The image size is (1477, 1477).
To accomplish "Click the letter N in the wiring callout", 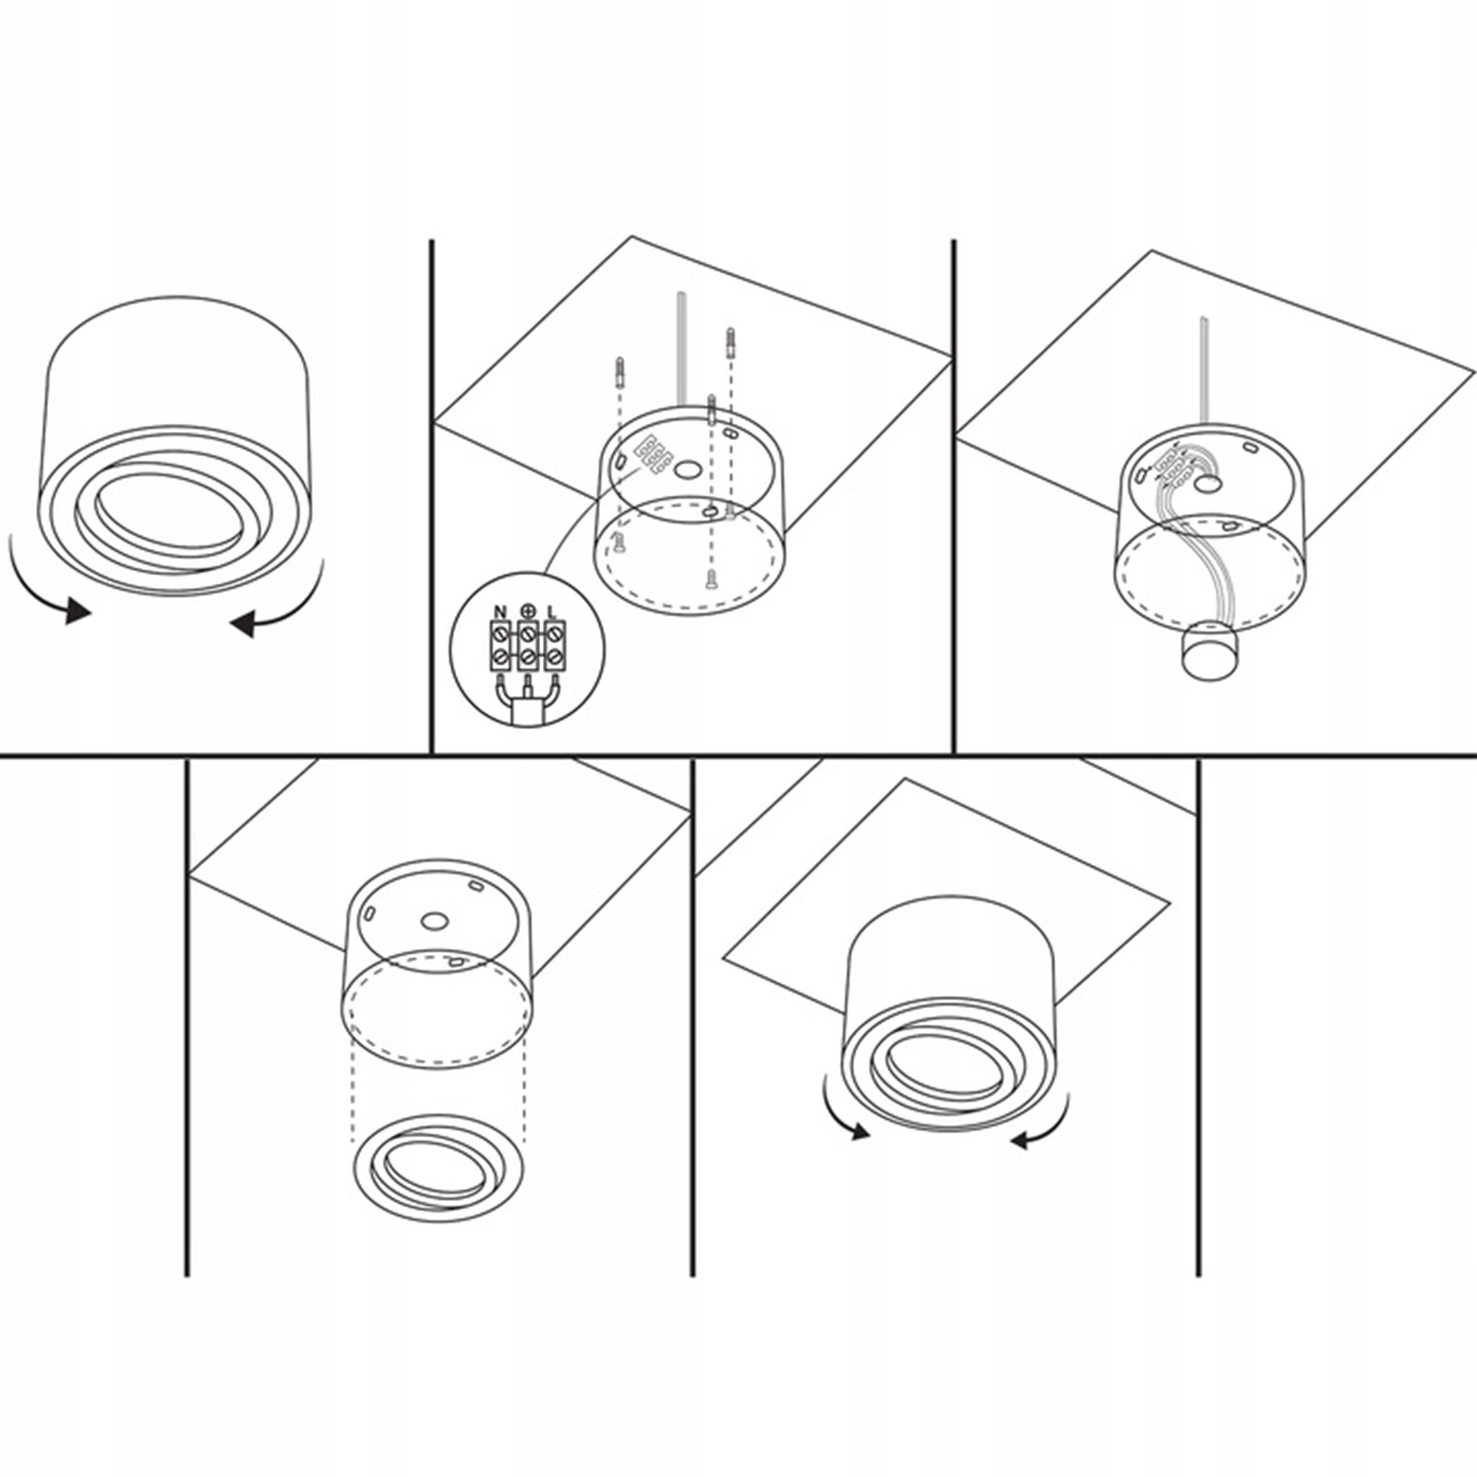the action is tap(500, 612).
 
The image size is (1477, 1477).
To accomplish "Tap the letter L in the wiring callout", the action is tap(552, 612).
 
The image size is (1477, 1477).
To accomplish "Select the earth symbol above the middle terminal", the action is tap(527, 610).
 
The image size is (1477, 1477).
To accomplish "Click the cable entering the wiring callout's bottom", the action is tap(526, 710).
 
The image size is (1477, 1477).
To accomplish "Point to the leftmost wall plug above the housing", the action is tap(618, 374).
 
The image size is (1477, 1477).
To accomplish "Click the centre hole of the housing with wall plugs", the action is tap(686, 470).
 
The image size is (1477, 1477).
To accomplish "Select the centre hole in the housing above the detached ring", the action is tap(434, 920).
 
